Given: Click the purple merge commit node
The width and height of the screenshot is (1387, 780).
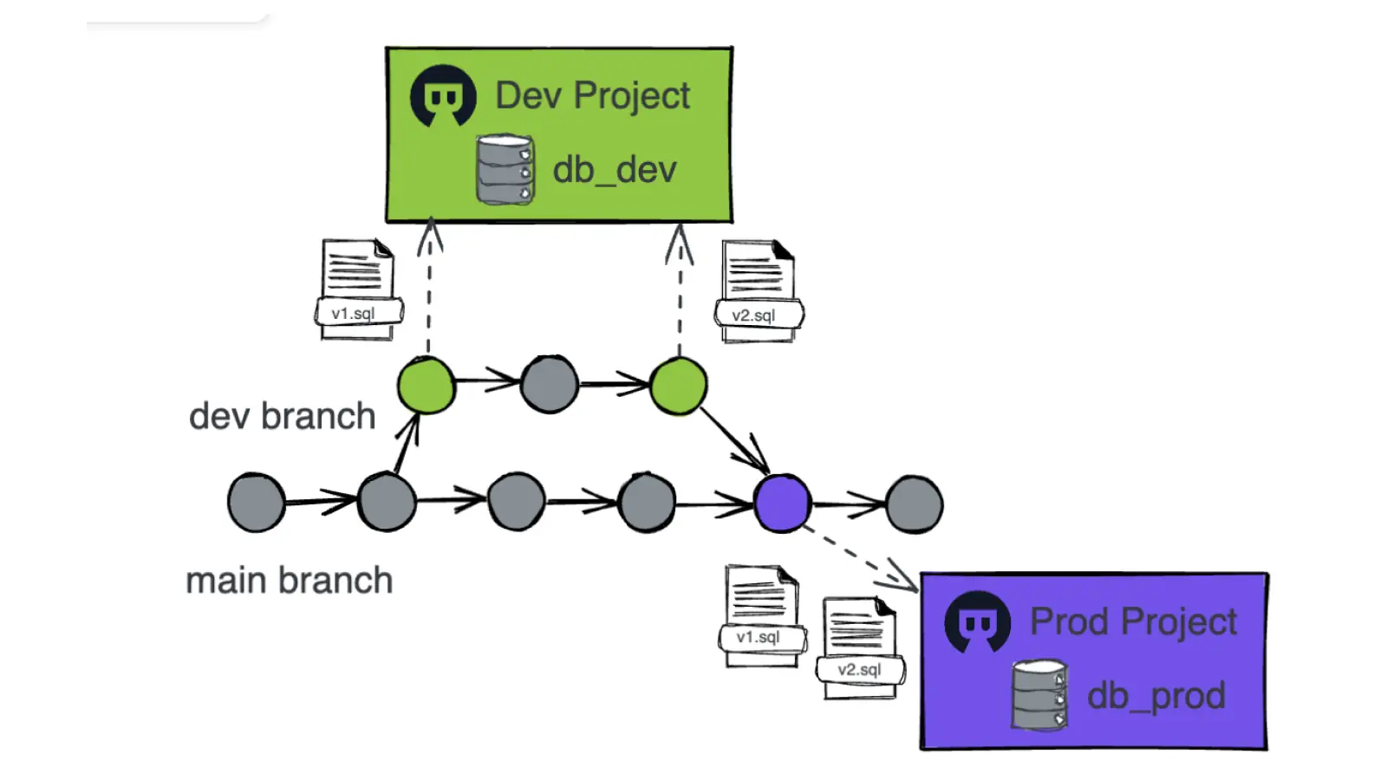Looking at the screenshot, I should (782, 504).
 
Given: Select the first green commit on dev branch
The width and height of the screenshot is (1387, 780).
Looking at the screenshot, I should (426, 385).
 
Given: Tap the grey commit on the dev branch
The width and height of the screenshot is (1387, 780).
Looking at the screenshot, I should (549, 384).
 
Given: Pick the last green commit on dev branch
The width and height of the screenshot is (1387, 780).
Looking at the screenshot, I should (678, 386).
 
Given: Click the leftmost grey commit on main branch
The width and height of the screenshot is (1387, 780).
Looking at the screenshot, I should (257, 503).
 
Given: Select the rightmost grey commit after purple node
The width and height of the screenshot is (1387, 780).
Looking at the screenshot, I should (914, 504).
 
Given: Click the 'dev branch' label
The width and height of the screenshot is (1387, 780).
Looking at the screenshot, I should (282, 417).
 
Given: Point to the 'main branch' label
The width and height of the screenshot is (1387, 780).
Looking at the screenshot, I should (289, 581).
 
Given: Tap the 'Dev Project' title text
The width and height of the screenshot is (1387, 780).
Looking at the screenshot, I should (592, 95).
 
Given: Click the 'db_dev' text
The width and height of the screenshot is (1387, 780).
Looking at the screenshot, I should (615, 169).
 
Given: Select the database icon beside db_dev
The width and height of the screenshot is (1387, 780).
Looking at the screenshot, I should (505, 169).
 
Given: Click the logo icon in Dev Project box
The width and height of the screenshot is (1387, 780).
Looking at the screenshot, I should (443, 96).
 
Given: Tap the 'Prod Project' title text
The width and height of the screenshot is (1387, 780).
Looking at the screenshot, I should (1133, 621).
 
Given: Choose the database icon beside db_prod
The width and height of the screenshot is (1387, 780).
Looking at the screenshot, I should (1039, 695).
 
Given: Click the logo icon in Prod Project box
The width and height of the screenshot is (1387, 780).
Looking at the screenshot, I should (977, 622).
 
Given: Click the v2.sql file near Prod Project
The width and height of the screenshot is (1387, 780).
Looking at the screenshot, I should (860, 648).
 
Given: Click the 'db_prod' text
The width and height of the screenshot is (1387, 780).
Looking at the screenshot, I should (1156, 696).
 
